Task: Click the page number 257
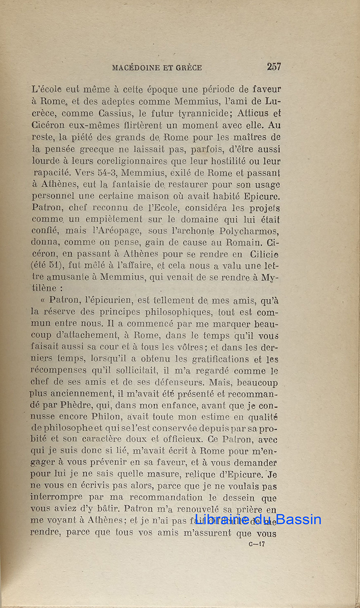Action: coord(274,66)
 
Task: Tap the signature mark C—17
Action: coord(257,545)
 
